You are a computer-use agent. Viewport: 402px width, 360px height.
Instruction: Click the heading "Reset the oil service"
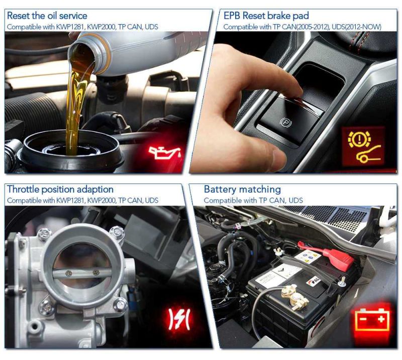tap(47, 16)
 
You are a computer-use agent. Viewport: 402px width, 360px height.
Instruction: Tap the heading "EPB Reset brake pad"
tap(266, 16)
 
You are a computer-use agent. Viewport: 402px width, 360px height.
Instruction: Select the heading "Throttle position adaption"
tap(60, 190)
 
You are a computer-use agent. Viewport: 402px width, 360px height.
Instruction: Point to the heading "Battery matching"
tap(242, 190)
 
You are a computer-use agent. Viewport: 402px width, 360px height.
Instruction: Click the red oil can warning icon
tap(165, 153)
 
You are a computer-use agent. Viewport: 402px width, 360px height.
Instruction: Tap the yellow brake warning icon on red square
tap(363, 146)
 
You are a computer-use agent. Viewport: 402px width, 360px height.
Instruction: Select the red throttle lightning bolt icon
tap(179, 319)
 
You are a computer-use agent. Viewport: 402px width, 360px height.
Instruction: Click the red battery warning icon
tap(372, 319)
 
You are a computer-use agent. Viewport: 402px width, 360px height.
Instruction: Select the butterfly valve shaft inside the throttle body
tap(81, 273)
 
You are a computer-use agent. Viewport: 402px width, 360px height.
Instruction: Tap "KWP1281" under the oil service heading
tap(70, 27)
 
